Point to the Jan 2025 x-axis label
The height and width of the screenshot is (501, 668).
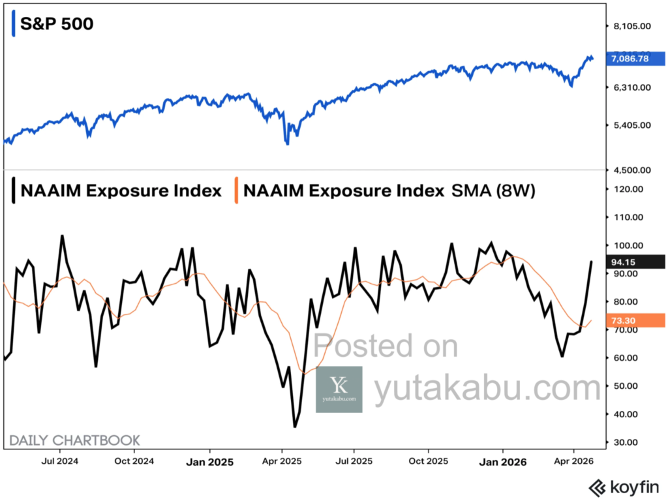209,462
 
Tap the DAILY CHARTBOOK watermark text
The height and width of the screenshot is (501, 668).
74,441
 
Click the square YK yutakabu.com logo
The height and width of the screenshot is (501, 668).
339,389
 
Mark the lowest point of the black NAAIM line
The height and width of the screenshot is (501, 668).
295,427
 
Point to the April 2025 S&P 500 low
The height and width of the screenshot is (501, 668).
287,144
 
